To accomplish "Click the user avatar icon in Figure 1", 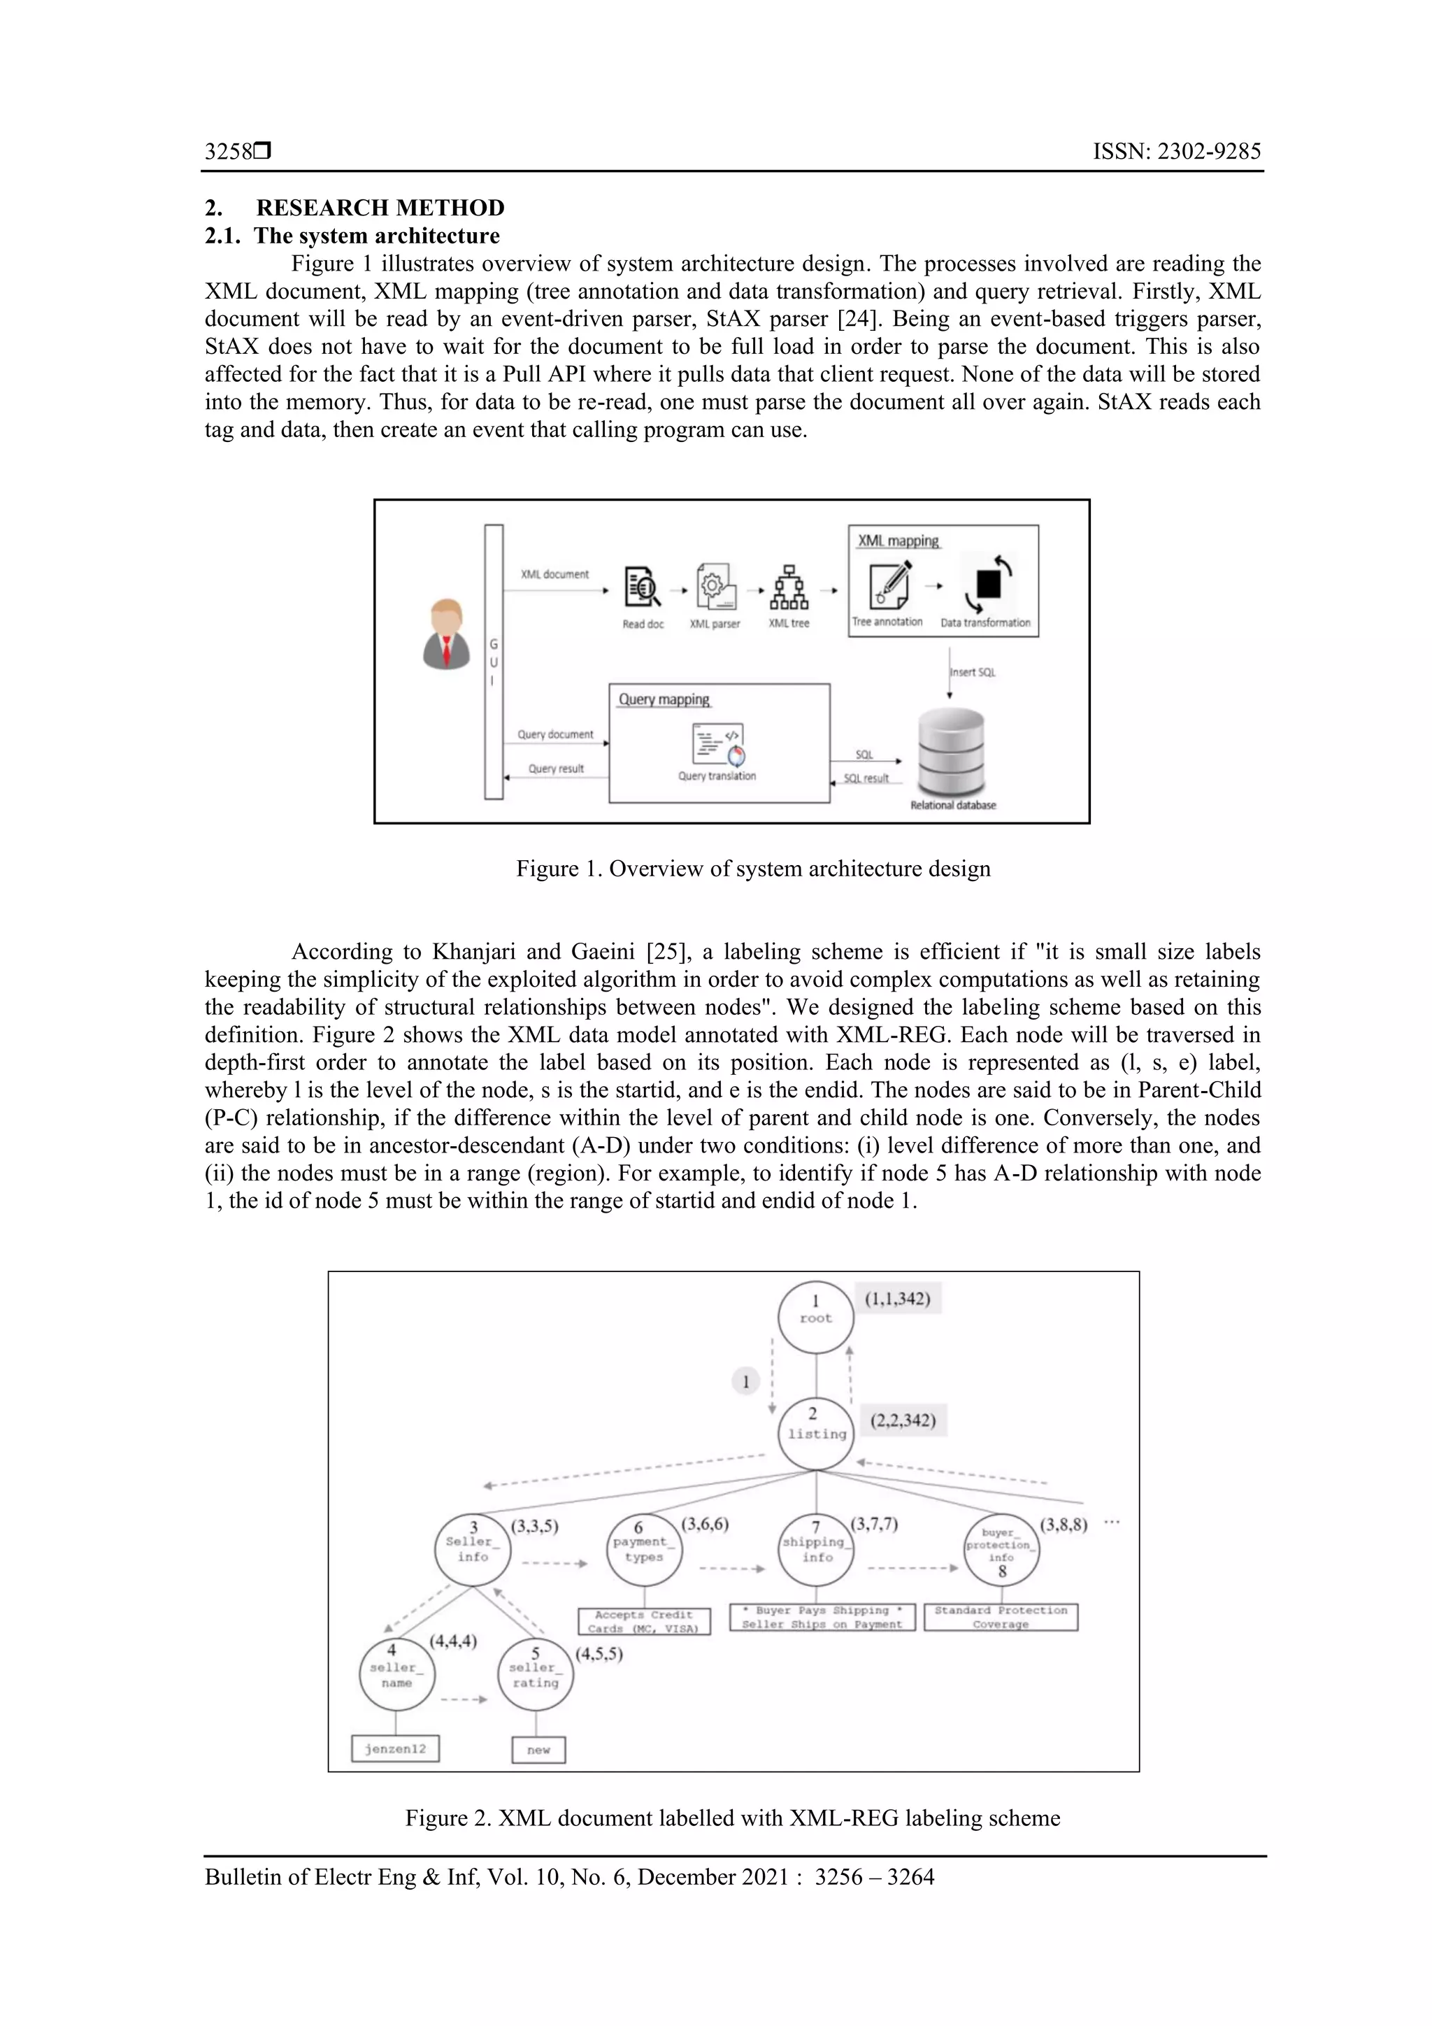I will coord(447,634).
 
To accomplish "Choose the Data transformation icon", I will coord(987,583).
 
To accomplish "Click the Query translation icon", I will coord(718,745).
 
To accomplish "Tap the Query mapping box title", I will coord(664,700).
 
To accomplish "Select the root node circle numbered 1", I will coord(815,1318).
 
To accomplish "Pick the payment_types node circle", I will coord(644,1550).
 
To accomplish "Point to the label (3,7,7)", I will coord(875,1524).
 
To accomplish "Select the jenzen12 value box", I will coord(395,1749).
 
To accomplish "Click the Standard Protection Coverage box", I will coord(1001,1618).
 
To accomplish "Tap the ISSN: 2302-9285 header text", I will coord(1176,152).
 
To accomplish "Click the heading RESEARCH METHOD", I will coord(380,208).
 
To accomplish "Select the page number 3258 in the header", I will coord(229,152).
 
